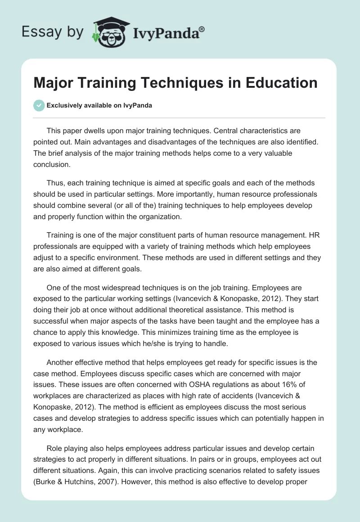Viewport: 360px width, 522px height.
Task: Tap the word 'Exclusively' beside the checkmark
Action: coord(63,105)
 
